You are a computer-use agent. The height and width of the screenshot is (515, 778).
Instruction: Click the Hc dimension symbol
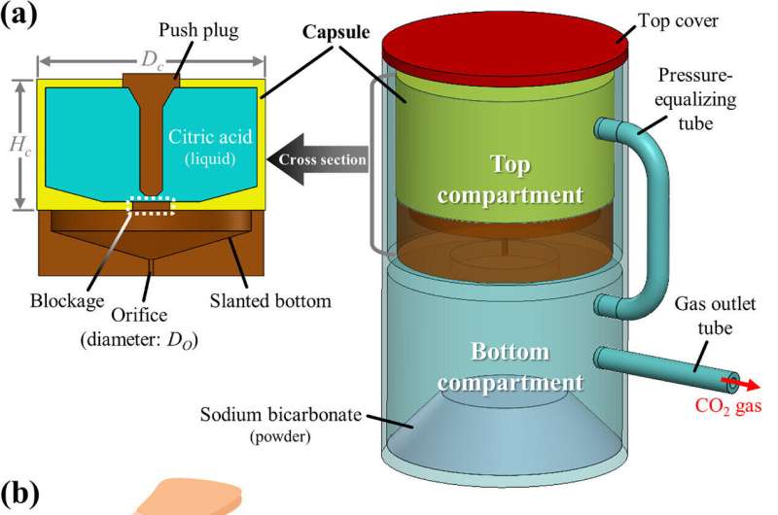(x=18, y=147)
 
